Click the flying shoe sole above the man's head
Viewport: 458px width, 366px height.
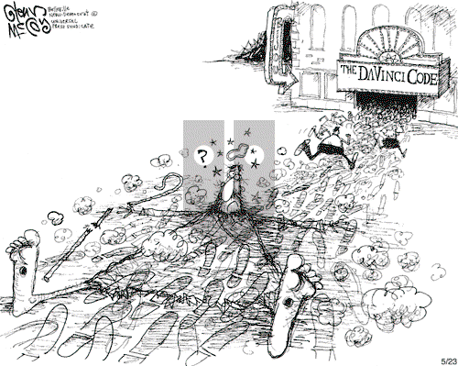[236, 148]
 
